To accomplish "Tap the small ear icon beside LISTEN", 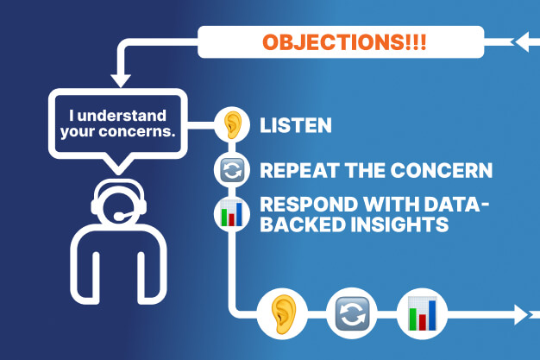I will tap(231, 125).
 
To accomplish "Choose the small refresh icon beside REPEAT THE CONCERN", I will tap(231, 170).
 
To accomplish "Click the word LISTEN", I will tap(296, 126).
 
